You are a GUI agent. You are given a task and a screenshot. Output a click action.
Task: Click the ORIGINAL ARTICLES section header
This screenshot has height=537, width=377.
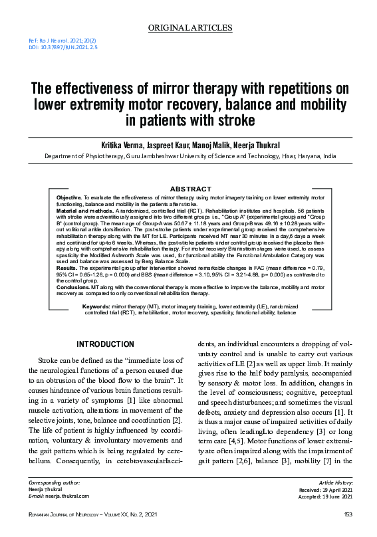[x=190, y=28]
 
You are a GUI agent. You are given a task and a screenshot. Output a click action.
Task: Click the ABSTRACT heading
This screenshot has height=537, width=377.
[x=190, y=189]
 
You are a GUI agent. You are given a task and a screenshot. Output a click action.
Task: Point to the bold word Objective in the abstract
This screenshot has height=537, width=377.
[x=68, y=198]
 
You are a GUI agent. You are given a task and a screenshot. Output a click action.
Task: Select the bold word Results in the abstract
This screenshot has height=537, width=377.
[x=66, y=268]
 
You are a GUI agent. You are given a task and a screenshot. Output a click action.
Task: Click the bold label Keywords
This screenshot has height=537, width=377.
[x=96, y=306]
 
